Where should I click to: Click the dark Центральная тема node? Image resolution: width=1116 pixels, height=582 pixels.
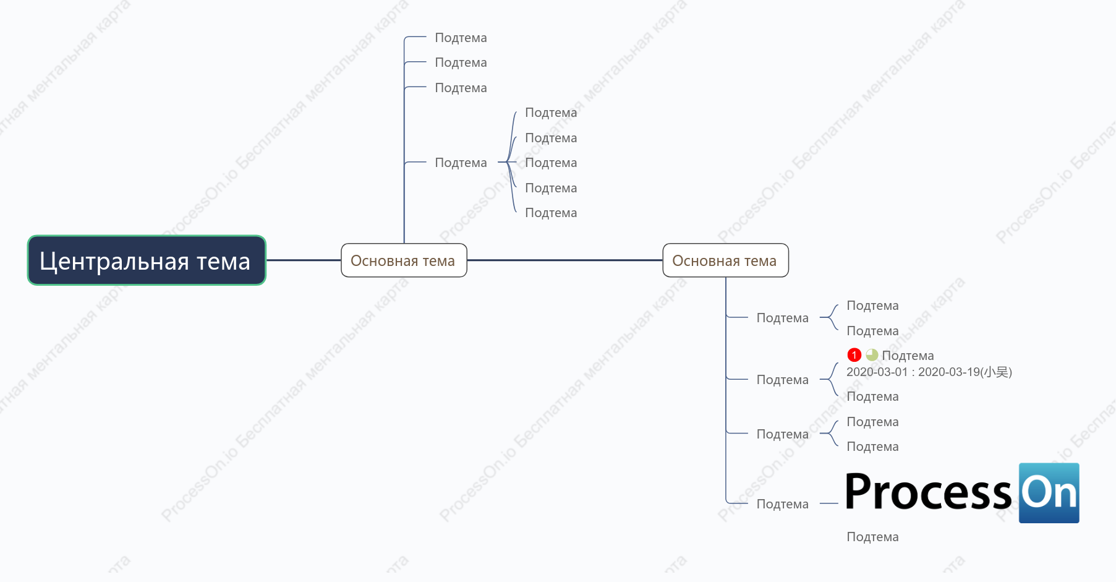pyautogui.click(x=147, y=260)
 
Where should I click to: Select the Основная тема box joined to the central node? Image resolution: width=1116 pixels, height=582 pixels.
pyautogui.click(x=404, y=260)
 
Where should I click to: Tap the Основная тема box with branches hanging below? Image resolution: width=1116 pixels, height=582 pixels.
pyautogui.click(x=725, y=260)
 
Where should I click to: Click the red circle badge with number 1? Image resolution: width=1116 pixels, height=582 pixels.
pyautogui.click(x=854, y=355)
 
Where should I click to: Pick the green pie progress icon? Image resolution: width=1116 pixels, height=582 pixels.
pyautogui.click(x=872, y=355)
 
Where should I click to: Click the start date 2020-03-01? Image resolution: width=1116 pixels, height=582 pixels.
pyautogui.click(x=877, y=372)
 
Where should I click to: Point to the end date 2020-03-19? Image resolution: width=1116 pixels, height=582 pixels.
pyautogui.click(x=949, y=372)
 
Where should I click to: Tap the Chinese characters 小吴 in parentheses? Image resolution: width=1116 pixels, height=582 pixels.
pyautogui.click(x=996, y=372)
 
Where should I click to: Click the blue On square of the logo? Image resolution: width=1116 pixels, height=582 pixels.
pyautogui.click(x=1049, y=493)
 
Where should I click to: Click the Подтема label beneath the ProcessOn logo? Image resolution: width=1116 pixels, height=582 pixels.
pyautogui.click(x=872, y=537)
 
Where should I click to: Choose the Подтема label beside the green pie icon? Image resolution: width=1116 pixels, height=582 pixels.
pyautogui.click(x=908, y=356)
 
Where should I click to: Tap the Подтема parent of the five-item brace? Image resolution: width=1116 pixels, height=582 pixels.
pyautogui.click(x=461, y=163)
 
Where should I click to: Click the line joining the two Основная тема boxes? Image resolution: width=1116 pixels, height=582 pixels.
pyautogui.click(x=564, y=260)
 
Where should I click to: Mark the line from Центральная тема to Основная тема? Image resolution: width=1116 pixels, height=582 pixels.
pyautogui.click(x=304, y=260)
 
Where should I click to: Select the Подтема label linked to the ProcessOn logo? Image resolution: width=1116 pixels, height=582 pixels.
pyautogui.click(x=782, y=504)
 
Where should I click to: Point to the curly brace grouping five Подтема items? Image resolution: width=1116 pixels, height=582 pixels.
pyautogui.click(x=511, y=162)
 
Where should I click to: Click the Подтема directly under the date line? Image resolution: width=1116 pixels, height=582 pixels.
pyautogui.click(x=872, y=396)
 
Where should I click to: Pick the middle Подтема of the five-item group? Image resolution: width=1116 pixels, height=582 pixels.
pyautogui.click(x=551, y=163)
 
